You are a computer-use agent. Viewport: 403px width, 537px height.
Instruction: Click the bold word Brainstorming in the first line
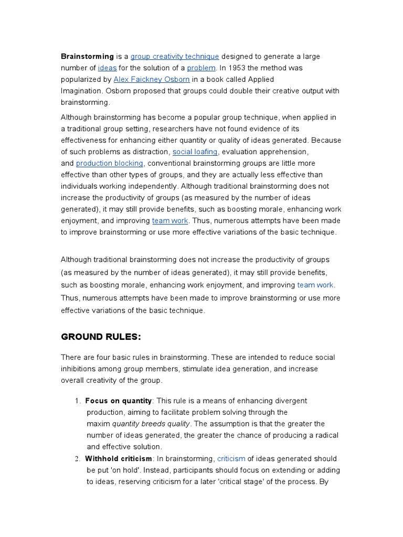[87, 56]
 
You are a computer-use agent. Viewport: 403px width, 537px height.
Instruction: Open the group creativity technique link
[175, 56]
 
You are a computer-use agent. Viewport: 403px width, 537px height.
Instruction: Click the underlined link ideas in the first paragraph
[107, 68]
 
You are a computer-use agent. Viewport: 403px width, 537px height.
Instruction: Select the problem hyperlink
[201, 68]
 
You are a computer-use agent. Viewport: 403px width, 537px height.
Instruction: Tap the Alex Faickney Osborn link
[151, 79]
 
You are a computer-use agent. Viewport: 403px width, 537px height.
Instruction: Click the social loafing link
[195, 152]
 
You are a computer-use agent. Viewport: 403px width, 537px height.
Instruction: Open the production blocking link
[109, 163]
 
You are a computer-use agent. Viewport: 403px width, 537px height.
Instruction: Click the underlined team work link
[169, 221]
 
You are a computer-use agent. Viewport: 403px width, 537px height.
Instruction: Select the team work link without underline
[315, 285]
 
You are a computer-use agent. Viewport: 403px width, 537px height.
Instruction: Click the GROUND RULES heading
[101, 336]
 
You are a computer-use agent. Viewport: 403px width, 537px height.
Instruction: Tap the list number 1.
[77, 401]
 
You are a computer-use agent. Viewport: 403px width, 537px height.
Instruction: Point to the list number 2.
[77, 458]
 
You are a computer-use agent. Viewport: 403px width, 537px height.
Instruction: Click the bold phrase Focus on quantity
[118, 401]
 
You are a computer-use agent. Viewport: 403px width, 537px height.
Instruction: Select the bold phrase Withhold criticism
[118, 458]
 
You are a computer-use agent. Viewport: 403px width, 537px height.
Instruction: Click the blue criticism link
[231, 458]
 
